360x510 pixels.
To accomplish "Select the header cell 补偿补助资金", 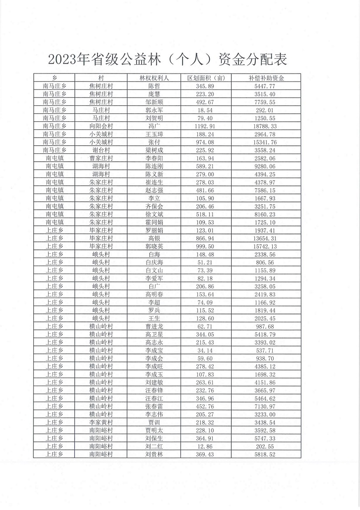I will point(266,78).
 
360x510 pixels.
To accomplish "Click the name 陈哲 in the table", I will point(154,86).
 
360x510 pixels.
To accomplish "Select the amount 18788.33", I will point(266,126).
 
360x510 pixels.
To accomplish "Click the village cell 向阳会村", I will point(101,126).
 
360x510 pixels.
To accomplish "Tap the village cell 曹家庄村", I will point(101,158).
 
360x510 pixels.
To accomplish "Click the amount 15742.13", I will point(266,247).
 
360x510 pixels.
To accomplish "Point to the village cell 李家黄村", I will point(101,422).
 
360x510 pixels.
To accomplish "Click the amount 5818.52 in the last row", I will point(266,454).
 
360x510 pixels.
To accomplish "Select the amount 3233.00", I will point(266,414).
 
